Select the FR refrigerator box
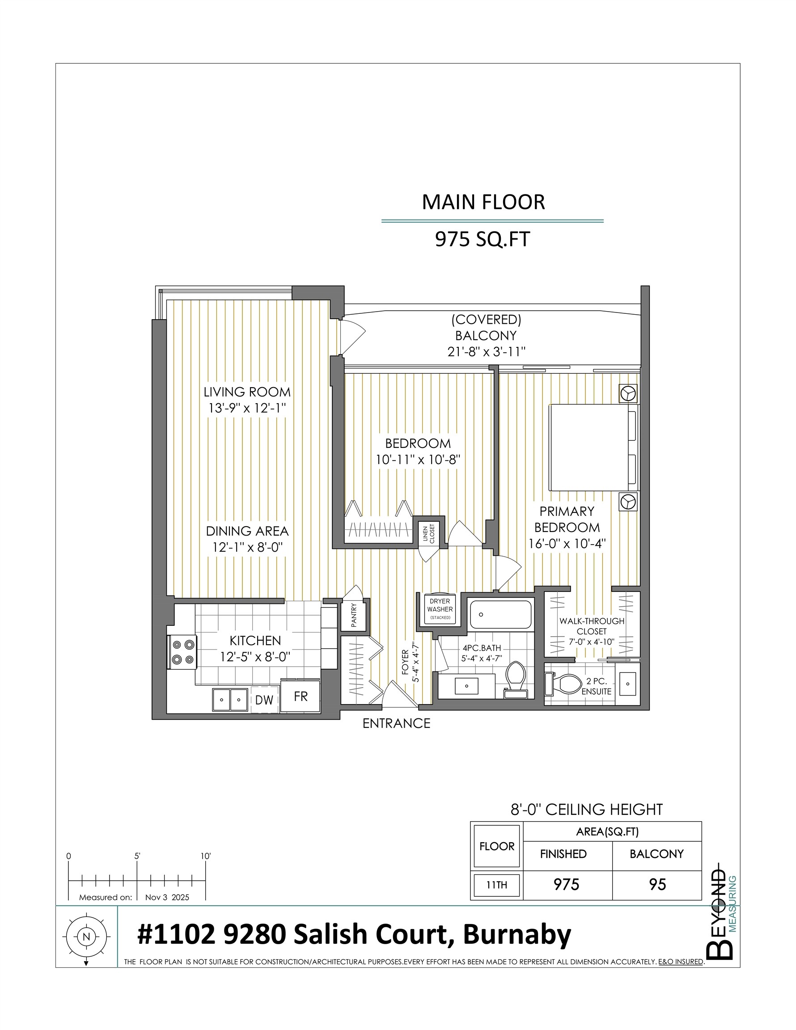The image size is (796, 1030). pos(301,697)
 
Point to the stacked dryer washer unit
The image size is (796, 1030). pos(439,609)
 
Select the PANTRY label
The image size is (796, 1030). pos(354,616)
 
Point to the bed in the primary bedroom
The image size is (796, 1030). pos(592,447)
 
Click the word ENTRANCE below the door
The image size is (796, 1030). pos(396,723)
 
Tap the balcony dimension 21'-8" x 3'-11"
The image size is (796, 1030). pos(486,352)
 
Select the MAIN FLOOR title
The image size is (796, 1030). pos(483,202)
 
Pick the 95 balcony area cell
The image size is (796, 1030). pos(657,885)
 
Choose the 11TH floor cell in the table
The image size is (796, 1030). pos(496,885)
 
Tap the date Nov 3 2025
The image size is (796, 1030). pos(167,898)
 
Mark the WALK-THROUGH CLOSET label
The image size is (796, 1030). pos(592,626)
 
